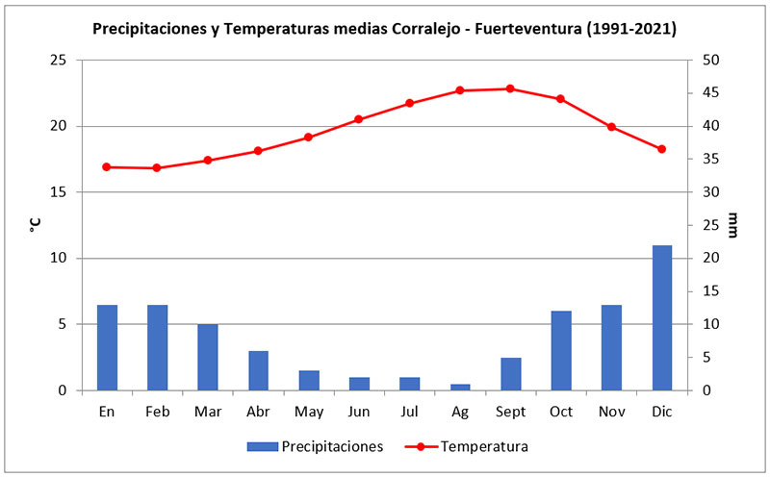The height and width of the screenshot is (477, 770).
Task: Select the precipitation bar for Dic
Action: point(661,318)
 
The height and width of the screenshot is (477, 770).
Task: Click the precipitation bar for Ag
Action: point(460,388)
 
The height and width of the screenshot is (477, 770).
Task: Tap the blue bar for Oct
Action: point(560,351)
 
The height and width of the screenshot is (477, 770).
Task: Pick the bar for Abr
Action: point(258,371)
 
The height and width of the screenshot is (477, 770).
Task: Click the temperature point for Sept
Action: point(510,88)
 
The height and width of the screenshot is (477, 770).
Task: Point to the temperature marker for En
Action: point(107,167)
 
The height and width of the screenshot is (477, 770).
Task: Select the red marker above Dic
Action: point(661,149)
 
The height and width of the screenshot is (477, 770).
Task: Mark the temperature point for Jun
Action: point(359,119)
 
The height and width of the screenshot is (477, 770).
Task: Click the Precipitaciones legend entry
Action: point(317,446)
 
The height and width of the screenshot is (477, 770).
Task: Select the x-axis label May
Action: point(308,412)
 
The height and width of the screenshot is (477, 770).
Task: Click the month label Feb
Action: point(157,412)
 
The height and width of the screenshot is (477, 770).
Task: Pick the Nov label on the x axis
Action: point(610,412)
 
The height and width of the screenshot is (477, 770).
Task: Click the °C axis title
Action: point(35,225)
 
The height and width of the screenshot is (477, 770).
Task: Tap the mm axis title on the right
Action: point(733,225)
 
